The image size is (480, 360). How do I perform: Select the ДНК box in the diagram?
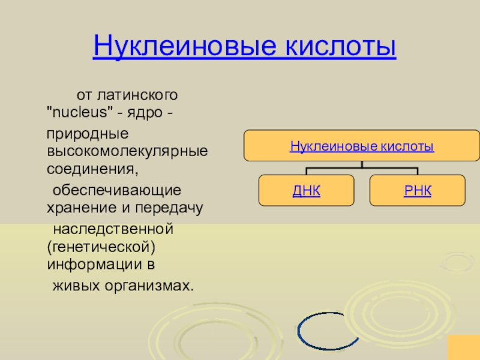[306, 191]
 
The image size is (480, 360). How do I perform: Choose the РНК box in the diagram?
[418, 191]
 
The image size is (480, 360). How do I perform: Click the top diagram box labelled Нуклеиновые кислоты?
[362, 146]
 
